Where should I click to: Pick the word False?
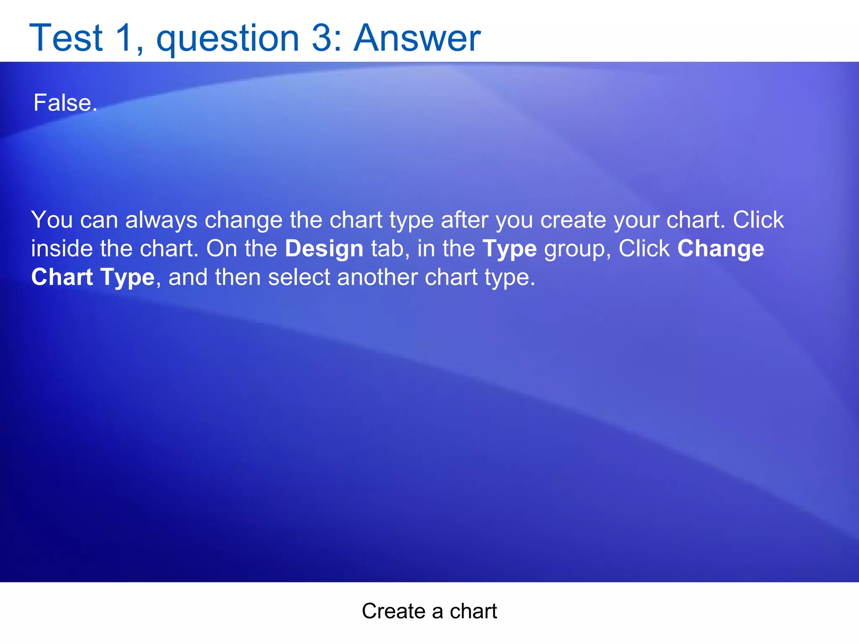(x=65, y=103)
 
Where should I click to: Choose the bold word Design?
(x=324, y=249)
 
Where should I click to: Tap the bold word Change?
(x=720, y=249)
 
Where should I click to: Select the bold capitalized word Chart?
(x=62, y=277)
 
